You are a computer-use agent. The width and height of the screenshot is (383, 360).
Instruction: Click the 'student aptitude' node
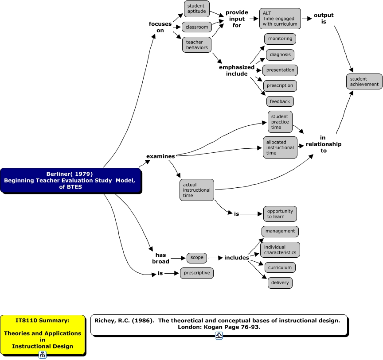(x=196, y=8)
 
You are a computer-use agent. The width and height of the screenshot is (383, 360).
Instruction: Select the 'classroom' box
(x=197, y=27)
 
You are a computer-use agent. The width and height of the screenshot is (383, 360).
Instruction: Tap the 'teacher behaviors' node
(x=197, y=45)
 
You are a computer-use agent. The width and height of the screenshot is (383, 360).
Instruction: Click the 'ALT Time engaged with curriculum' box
(x=280, y=19)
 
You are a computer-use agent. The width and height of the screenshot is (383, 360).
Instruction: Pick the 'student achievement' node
(x=364, y=81)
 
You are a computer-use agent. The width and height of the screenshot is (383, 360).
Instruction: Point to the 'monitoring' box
(x=280, y=39)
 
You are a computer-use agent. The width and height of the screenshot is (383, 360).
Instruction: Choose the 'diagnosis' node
(x=280, y=55)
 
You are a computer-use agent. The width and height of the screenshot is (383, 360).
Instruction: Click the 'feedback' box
(x=280, y=101)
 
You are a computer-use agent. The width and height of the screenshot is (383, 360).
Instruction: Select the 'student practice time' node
(x=280, y=122)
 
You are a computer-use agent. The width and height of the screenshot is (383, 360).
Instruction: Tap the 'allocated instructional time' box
(x=280, y=147)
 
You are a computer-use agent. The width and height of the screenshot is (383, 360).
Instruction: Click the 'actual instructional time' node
(x=196, y=190)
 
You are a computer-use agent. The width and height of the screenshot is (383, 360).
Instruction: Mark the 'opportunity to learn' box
(x=280, y=214)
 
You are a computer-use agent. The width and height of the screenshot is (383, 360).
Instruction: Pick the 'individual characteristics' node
(x=280, y=250)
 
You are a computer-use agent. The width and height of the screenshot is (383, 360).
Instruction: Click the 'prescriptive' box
(x=196, y=273)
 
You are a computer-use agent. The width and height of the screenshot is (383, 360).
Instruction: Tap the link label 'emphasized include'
(x=237, y=71)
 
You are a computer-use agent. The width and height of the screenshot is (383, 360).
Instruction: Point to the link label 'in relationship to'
(x=324, y=144)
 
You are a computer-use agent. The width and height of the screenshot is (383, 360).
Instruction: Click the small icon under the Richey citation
(x=219, y=336)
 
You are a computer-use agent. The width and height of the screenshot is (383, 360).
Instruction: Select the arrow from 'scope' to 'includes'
(x=215, y=258)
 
